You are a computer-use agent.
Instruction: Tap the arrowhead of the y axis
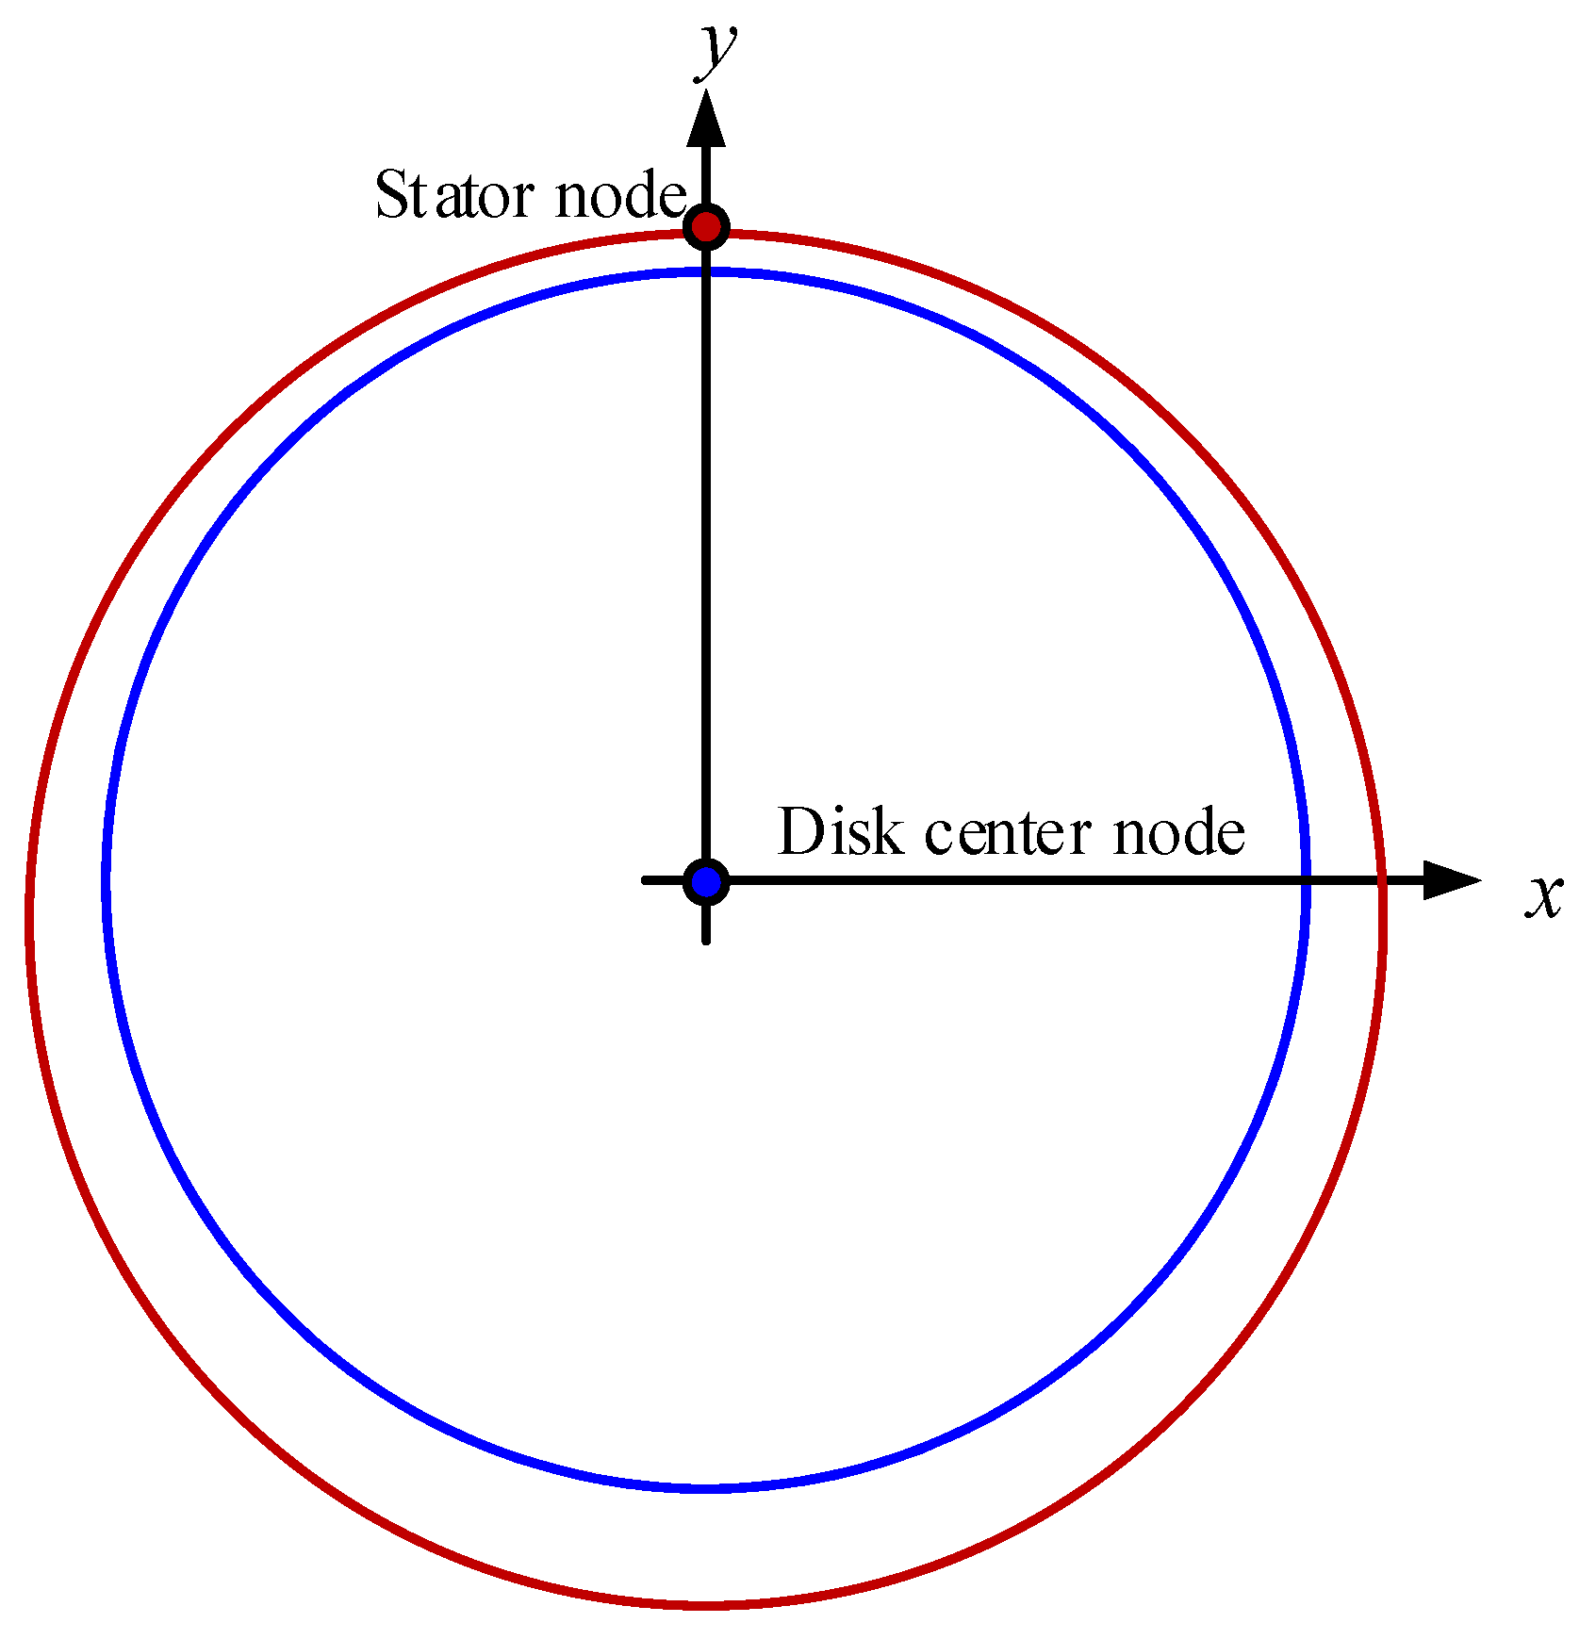706,118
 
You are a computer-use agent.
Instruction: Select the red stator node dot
706,227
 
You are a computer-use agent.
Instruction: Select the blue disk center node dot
706,882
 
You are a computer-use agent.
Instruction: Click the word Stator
456,195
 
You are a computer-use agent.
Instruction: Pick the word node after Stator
619,195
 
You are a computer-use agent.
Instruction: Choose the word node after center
1178,832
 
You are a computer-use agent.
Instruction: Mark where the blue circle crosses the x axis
1306,880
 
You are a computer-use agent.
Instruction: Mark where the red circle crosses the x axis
1383,880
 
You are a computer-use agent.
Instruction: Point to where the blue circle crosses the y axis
706,273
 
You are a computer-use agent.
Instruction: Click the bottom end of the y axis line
706,940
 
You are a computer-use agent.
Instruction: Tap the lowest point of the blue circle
706,1489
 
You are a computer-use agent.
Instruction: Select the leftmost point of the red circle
30,914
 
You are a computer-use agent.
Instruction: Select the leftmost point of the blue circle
107,882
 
